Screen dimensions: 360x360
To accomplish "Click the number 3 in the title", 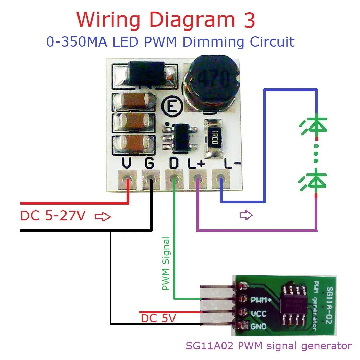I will pyautogui.click(x=246, y=21).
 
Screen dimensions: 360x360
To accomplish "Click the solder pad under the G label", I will pyautogui.click(x=150, y=180).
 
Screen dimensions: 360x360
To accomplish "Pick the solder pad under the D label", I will pyautogui.click(x=174, y=180).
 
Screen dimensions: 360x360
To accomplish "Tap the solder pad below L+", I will pyautogui.click(x=197, y=180).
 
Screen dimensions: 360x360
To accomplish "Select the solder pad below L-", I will pyautogui.click(x=221, y=180).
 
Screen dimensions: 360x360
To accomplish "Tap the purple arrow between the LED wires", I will pyautogui.click(x=246, y=215).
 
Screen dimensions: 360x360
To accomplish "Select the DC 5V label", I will pyautogui.click(x=158, y=319).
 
